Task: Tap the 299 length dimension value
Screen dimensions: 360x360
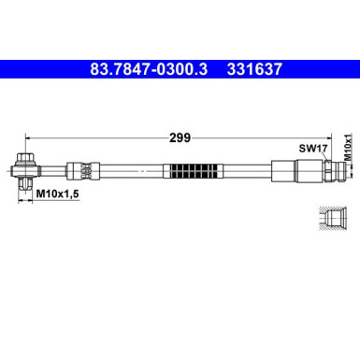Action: coord(180,137)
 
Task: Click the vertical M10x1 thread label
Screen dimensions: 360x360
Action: coord(347,148)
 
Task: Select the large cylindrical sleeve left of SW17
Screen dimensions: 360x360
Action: coord(284,172)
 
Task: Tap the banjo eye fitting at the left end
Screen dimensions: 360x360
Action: coord(24,171)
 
